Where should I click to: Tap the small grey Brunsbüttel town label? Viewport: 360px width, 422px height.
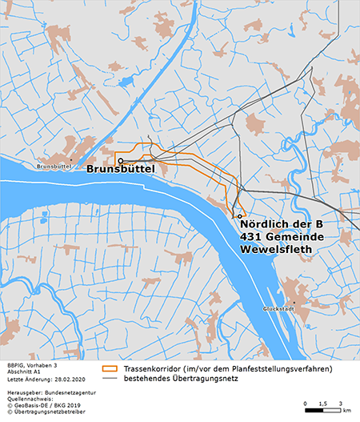coord(54,166)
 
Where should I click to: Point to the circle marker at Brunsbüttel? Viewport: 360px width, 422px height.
coord(120,160)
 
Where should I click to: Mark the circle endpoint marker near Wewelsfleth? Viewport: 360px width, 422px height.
coord(239,216)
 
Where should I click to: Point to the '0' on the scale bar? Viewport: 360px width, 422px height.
coord(306,402)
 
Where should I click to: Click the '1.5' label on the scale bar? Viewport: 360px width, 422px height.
coord(323,402)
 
